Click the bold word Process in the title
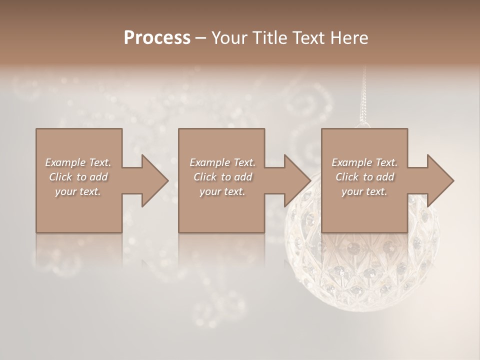(x=157, y=37)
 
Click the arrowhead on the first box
(x=154, y=180)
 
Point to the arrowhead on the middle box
(x=297, y=180)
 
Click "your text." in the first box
(x=78, y=191)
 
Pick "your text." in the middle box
(x=222, y=191)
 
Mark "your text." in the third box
(x=364, y=191)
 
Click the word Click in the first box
(x=61, y=177)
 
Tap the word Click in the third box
(x=347, y=177)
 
